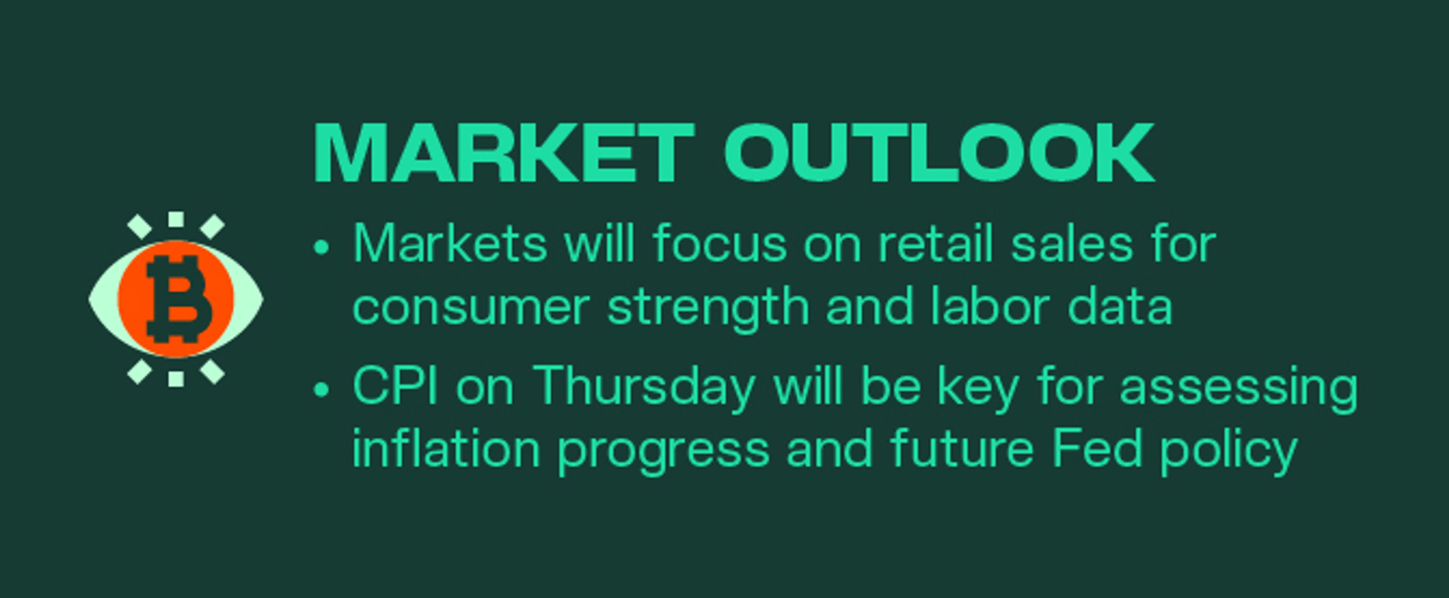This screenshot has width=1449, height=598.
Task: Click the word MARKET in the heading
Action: tap(503, 153)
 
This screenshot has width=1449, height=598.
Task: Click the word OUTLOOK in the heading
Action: tap(938, 153)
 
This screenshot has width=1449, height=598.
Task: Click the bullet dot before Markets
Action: tap(321, 247)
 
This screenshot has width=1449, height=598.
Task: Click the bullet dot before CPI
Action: tap(321, 389)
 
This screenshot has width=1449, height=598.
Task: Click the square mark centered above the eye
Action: tap(176, 220)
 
